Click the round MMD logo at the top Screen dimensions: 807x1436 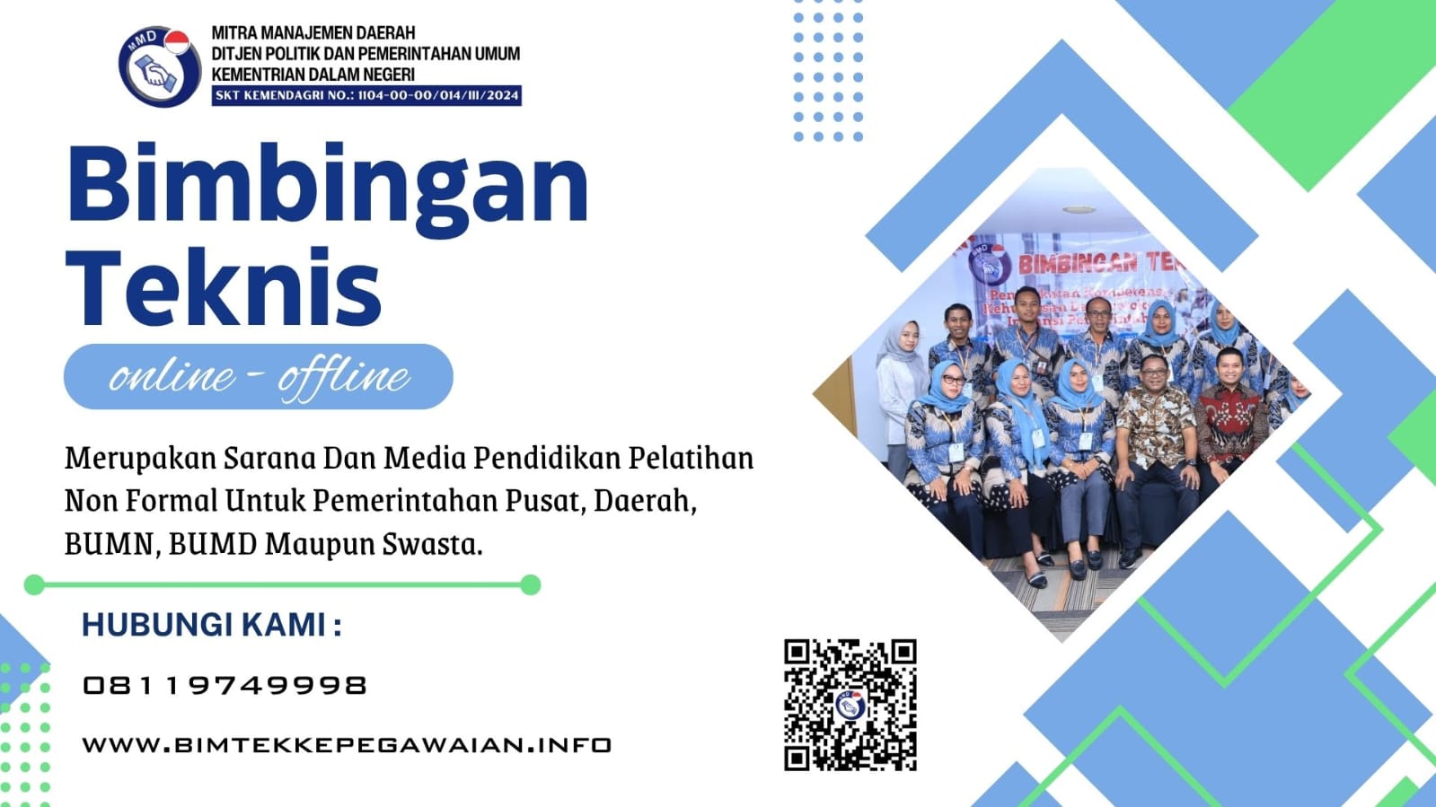pos(158,66)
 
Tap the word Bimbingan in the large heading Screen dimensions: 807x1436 pos(328,184)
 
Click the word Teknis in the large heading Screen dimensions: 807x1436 pos(225,287)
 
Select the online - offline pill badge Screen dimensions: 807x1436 pos(259,376)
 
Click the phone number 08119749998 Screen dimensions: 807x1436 pos(225,686)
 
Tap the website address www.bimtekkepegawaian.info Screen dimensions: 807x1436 pos(347,745)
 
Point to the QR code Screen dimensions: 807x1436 pos(850,705)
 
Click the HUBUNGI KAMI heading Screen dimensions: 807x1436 pos(212,625)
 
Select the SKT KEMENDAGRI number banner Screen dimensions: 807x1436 pos(366,95)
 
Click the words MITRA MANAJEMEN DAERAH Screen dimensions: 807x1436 pos(313,33)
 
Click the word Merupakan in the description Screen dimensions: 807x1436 pos(140,459)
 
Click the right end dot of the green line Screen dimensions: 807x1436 pos(531,585)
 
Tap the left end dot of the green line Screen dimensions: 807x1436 pos(34,585)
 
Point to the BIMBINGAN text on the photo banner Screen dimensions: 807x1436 pos(1078,263)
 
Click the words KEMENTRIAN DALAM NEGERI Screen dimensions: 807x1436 pos(313,75)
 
